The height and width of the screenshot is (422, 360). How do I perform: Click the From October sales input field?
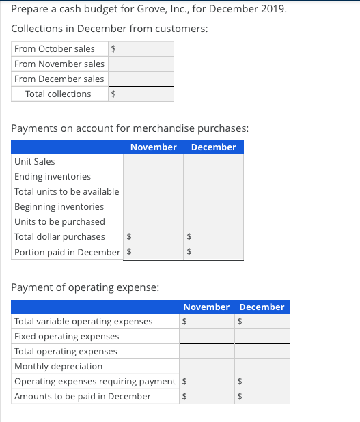pos(145,48)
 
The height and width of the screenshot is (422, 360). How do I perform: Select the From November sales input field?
pos(141,64)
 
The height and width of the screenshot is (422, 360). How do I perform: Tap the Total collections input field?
pos(145,94)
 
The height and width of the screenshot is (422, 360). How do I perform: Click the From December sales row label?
pos(59,79)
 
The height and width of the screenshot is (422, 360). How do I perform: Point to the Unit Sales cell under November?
pos(153,162)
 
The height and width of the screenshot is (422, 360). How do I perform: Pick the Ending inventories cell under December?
pos(213,177)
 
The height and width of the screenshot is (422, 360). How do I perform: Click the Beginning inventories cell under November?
pos(153,207)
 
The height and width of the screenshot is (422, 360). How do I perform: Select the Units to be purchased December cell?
pos(213,222)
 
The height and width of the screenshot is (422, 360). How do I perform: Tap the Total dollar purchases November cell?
pos(157,237)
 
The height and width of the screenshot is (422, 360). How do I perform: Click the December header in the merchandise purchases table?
pos(213,147)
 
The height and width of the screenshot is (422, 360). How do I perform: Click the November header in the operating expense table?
pos(207,307)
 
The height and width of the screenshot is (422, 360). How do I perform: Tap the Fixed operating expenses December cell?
pos(263,337)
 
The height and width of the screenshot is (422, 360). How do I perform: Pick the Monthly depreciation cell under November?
pos(207,367)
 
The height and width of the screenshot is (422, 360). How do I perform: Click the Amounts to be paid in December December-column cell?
pos(266,397)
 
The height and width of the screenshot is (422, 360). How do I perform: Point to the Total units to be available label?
pos(67,192)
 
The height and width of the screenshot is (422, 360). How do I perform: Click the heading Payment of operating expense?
pos(85,287)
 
